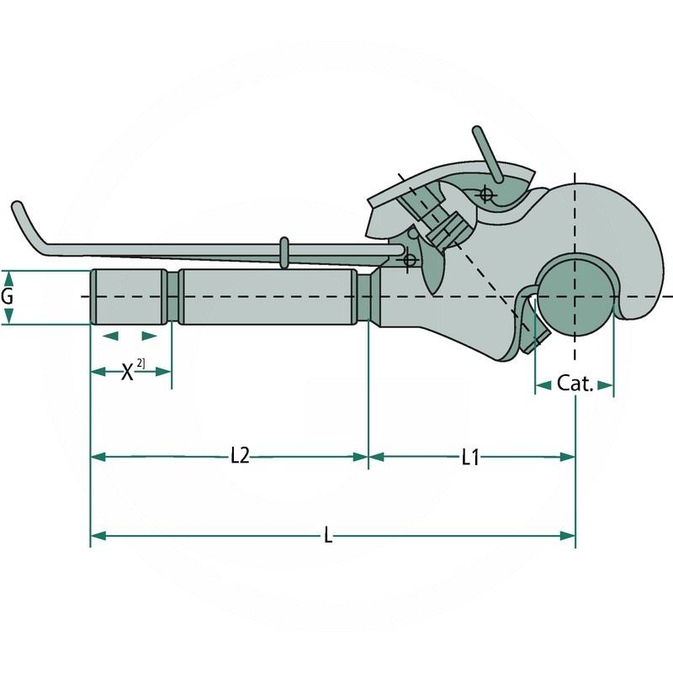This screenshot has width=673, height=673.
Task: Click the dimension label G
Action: [x=8, y=297]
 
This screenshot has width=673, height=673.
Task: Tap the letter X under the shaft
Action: [x=127, y=372]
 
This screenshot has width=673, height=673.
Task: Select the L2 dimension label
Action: [x=240, y=457]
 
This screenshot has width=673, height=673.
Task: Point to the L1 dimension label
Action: [x=470, y=457]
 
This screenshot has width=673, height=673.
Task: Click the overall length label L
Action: [x=328, y=535]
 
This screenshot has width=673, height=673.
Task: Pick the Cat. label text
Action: [x=575, y=384]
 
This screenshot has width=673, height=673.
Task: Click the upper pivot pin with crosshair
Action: [x=485, y=195]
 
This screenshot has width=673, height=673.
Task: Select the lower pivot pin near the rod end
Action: [x=410, y=259]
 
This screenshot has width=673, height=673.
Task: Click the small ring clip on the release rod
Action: [x=284, y=252]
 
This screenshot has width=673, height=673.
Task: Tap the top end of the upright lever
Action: [x=476, y=133]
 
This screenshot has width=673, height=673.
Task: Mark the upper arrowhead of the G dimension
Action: [x=8, y=276]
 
